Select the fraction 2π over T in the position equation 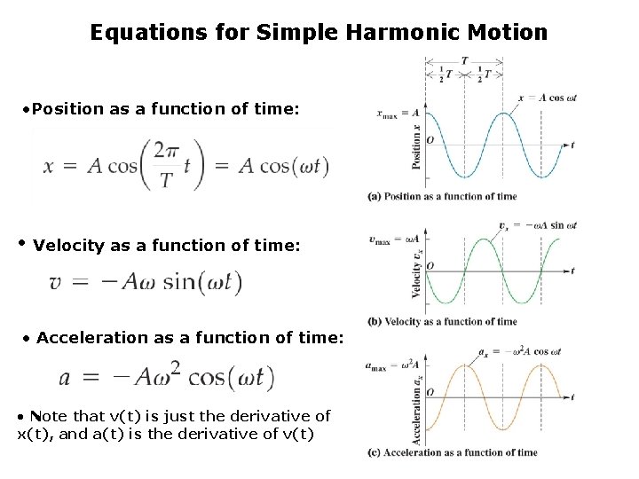[166, 166]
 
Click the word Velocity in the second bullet [70, 245]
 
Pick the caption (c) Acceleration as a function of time [453, 452]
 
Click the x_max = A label [398, 113]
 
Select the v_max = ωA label [396, 238]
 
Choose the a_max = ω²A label [392, 364]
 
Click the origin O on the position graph [430, 140]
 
